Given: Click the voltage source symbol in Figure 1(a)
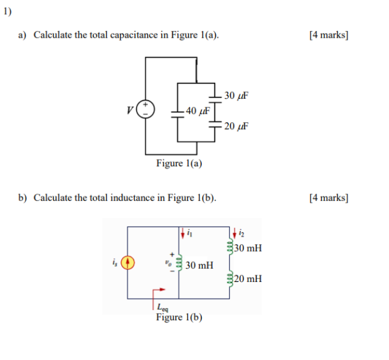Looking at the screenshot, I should click(x=146, y=110).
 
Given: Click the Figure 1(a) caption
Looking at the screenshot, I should click(x=179, y=163).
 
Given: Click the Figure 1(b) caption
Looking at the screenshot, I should click(x=179, y=317).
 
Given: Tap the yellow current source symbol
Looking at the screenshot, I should click(x=127, y=263).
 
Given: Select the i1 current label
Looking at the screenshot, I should click(x=190, y=232).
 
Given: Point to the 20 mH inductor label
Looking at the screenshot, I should click(x=248, y=279).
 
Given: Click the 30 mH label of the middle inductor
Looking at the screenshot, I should click(x=199, y=266).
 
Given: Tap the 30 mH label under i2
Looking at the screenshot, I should click(x=248, y=249).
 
